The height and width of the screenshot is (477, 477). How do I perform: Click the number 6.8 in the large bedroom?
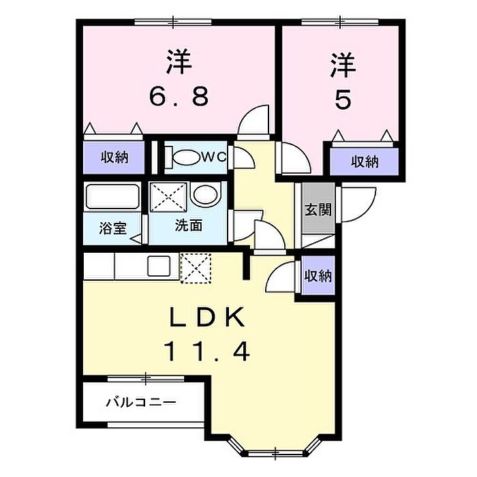click(179, 99)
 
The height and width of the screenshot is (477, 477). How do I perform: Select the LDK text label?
click(206, 318)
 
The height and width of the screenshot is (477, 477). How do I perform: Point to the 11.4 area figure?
click(206, 352)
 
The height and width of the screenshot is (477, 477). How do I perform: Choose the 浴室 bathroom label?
click(112, 228)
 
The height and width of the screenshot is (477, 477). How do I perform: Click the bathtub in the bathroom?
click(112, 197)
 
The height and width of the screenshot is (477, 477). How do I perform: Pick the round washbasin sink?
click(204, 196)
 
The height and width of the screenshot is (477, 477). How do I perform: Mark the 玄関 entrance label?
click(318, 209)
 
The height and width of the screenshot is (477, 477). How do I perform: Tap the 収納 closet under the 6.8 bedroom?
click(114, 158)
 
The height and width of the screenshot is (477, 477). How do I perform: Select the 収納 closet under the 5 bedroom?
click(365, 162)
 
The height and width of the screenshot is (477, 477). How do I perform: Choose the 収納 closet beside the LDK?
click(318, 276)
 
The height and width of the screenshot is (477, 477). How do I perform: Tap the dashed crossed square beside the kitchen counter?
click(197, 266)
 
